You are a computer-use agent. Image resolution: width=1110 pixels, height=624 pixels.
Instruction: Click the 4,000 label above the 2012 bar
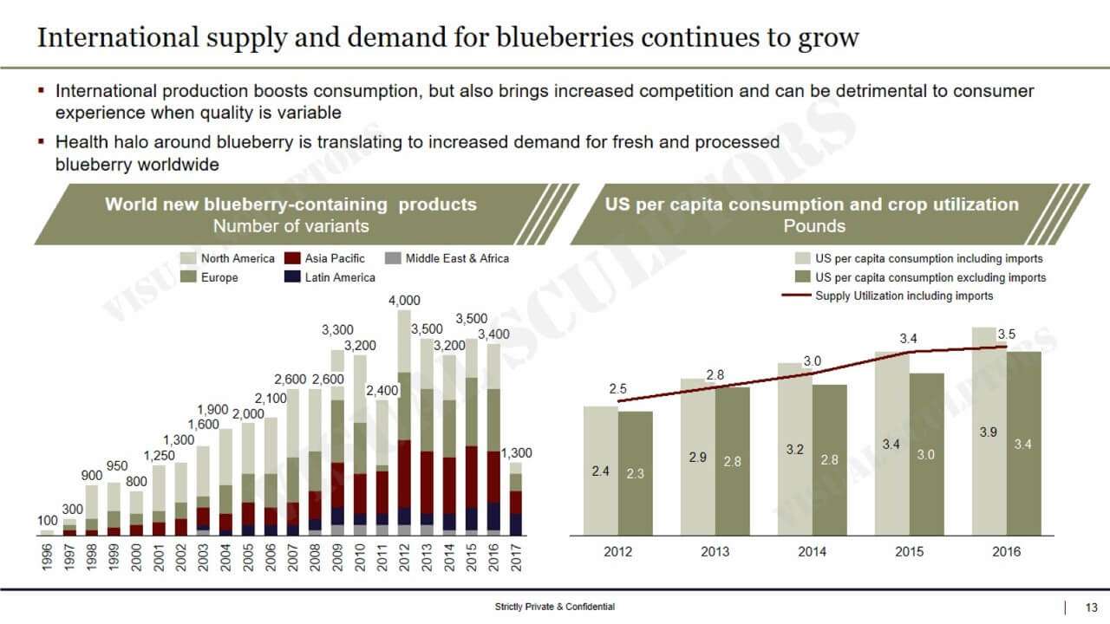(404, 301)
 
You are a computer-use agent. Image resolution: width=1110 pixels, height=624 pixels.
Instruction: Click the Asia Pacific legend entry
(334, 258)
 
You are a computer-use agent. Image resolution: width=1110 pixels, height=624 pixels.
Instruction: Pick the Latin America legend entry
(339, 277)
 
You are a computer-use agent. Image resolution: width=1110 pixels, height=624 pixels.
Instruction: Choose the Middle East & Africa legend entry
(456, 258)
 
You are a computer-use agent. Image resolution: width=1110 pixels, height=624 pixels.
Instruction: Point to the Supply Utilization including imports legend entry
(904, 296)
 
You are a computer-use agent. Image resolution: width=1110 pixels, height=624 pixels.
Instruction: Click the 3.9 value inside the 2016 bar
(988, 432)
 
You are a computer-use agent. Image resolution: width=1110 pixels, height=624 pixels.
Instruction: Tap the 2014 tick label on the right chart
(812, 552)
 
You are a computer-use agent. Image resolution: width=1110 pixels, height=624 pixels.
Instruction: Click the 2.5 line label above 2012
(617, 389)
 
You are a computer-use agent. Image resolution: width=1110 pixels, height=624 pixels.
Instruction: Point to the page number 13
(1092, 607)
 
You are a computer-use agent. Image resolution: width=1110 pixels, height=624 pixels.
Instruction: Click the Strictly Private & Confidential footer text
(550, 607)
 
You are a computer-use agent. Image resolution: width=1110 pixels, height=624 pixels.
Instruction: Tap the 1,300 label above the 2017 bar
(516, 453)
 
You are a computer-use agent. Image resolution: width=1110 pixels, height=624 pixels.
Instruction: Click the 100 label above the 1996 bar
(47, 521)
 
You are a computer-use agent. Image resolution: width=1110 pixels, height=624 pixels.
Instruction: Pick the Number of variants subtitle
(291, 226)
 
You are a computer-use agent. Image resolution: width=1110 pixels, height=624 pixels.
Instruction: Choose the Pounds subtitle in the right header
(813, 226)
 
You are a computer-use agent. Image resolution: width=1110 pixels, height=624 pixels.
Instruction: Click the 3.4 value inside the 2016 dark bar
(1022, 445)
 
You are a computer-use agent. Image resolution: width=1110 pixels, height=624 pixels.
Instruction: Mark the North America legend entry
(237, 258)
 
